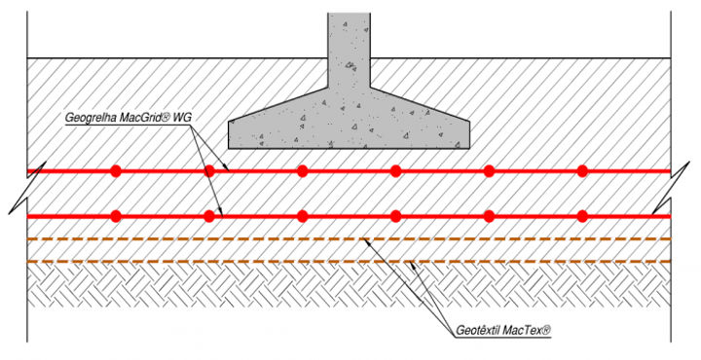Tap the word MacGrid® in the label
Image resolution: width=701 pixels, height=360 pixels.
coord(142,118)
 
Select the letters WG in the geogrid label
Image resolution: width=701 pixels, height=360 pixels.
coord(182,118)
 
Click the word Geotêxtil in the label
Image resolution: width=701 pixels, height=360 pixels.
coord(477,331)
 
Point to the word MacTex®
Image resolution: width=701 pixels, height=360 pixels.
coord(527,331)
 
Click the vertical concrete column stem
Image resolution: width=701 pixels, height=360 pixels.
coord(349,50)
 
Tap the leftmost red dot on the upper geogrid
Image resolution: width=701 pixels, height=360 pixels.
coord(116,171)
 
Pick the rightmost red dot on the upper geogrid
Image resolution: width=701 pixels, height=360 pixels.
coord(581,171)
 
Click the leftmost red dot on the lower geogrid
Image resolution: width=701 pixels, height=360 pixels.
coord(116,217)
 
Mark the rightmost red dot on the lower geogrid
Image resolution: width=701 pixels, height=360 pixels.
coord(581,217)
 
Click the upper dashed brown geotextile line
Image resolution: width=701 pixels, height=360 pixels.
coord(349,239)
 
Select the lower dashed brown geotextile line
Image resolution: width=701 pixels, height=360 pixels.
coord(349,262)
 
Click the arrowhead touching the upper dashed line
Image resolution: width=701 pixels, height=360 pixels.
coord(366,242)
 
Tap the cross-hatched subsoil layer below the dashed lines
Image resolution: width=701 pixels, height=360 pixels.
coord(349,285)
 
